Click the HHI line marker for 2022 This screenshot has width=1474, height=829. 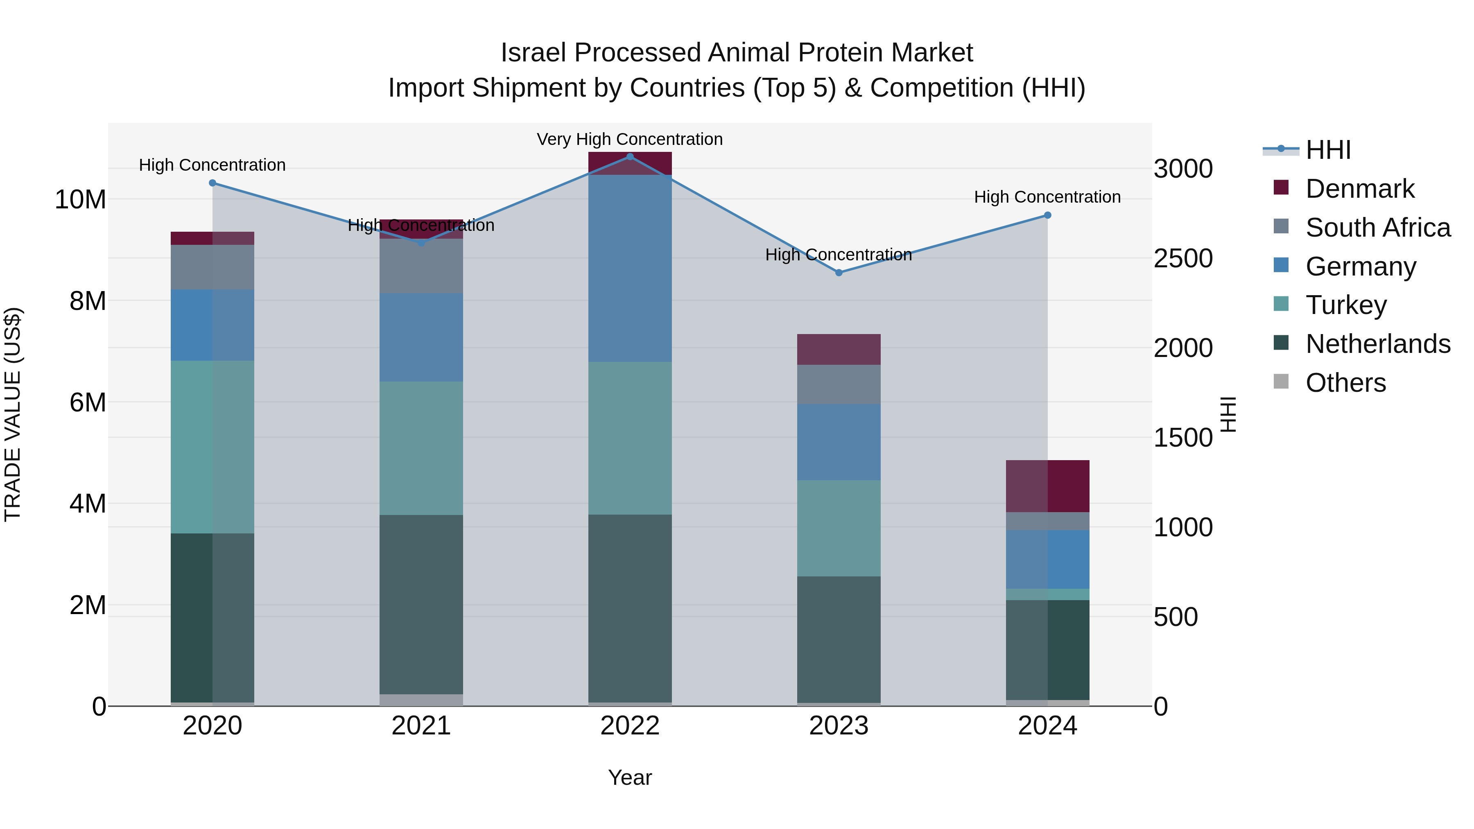point(630,156)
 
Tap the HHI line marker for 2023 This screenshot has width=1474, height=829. point(839,273)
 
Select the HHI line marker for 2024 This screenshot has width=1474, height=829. point(1048,215)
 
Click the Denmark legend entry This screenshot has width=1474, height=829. point(1359,189)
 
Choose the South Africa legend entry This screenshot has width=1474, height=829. point(1377,228)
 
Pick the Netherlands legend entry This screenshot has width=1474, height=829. point(1377,344)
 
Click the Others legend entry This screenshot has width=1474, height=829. point(1345,383)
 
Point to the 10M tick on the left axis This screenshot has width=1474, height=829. point(80,200)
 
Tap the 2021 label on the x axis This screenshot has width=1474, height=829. point(421,726)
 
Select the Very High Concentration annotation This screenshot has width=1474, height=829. point(630,139)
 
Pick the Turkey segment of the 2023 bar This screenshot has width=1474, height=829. point(839,528)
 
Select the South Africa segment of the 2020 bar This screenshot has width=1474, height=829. point(212,267)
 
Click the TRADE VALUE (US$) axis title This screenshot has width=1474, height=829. point(13,414)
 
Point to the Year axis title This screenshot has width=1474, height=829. point(630,777)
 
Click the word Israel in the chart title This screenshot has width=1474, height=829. point(534,53)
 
